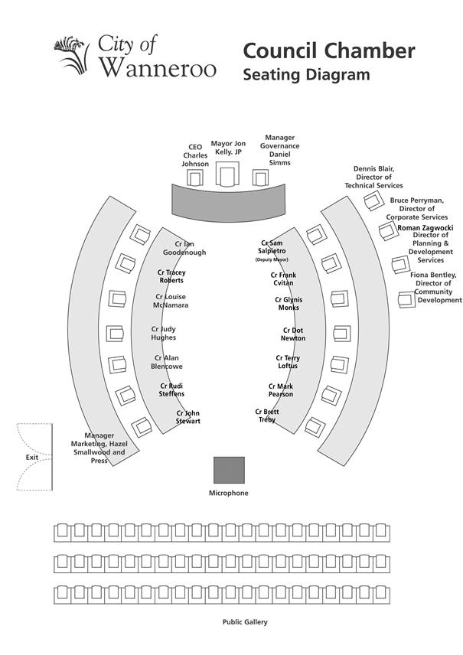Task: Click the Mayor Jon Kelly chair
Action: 227,174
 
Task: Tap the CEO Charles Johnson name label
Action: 195,155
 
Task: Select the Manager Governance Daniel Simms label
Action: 279,150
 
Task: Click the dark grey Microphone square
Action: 229,470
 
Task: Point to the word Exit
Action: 31,457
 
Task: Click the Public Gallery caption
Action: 245,622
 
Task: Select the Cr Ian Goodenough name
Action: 184,248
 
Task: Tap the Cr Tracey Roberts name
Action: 171,276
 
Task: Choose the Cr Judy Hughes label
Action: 163,334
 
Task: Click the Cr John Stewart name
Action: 188,417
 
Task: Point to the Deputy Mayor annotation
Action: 272,260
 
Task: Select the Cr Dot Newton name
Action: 293,334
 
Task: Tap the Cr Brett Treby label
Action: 267,415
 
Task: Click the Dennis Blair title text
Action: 373,177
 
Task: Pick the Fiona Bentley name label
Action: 433,288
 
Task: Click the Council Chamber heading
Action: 329,51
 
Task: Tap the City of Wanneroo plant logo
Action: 72,55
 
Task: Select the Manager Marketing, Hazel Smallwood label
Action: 99,448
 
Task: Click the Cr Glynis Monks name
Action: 289,304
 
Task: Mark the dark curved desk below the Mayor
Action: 229,204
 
